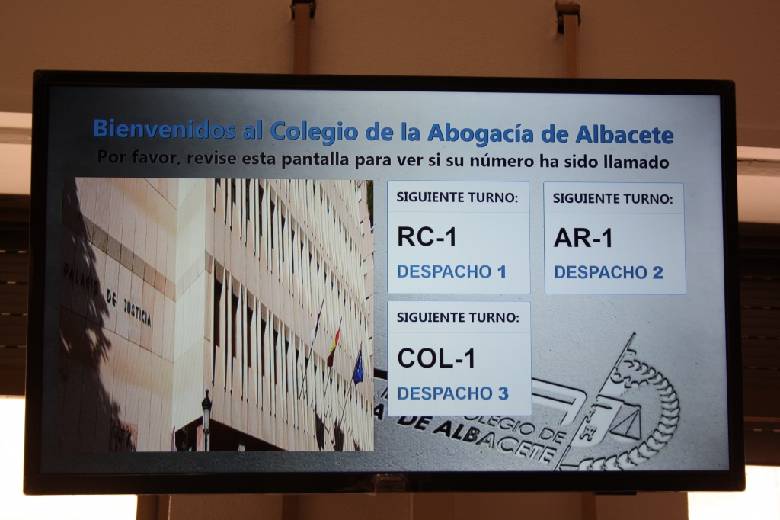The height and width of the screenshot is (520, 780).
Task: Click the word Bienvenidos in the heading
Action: coord(165,129)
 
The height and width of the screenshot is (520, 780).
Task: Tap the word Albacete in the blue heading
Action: coord(625,134)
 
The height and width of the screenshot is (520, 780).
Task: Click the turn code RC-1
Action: coord(427,236)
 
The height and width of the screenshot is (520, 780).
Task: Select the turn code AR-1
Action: coord(583,238)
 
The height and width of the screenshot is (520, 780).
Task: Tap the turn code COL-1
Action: coord(436,358)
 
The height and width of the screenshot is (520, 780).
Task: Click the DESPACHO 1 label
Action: coord(452,271)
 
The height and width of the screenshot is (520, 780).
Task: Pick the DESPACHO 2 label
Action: coord(609,272)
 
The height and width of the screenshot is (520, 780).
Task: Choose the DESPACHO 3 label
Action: coord(452,393)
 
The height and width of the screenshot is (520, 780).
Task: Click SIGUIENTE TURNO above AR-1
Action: coord(613,199)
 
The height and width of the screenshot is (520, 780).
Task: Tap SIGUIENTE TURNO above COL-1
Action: coord(458,317)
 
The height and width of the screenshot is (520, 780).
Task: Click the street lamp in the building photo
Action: coord(206,419)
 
